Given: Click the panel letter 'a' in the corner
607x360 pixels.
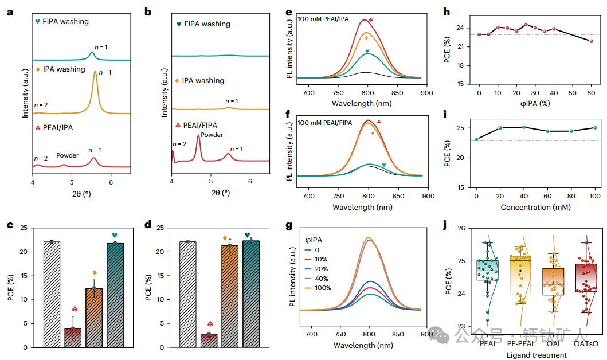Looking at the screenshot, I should [x=10, y=11].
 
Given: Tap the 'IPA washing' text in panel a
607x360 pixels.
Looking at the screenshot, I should [x=64, y=69].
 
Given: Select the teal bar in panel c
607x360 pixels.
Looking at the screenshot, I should [x=115, y=295].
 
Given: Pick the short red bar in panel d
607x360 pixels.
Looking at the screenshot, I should [x=209, y=340].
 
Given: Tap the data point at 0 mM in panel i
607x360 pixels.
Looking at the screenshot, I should [x=476, y=139].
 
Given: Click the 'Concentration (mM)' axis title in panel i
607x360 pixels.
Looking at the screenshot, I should [x=536, y=208].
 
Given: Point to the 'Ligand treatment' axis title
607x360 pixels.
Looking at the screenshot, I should [x=536, y=355].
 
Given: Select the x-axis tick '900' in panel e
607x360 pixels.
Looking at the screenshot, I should [x=428, y=93].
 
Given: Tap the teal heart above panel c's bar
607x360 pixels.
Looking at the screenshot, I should [x=115, y=235].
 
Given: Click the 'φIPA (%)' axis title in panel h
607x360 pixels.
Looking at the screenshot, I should [x=536, y=104].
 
